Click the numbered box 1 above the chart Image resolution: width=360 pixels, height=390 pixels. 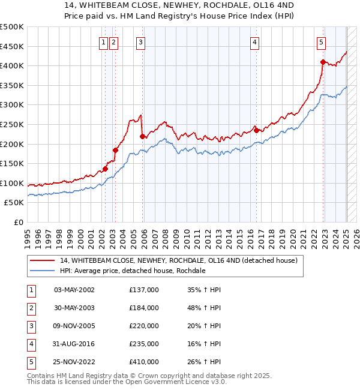tap(104, 42)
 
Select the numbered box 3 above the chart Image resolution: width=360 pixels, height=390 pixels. tap(140, 42)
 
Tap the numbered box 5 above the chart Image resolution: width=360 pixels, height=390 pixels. tap(322, 42)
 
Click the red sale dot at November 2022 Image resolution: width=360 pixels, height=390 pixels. tap(323, 62)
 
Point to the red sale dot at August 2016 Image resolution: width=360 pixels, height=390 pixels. tap(256, 130)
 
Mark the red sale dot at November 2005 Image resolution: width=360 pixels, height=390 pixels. tap(142, 136)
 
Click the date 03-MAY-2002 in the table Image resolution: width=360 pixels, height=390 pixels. tap(74, 290)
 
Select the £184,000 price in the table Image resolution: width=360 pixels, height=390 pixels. tap(144, 308)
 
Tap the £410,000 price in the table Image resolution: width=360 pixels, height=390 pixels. tap(144, 362)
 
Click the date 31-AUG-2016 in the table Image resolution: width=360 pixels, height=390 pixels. tap(74, 344)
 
